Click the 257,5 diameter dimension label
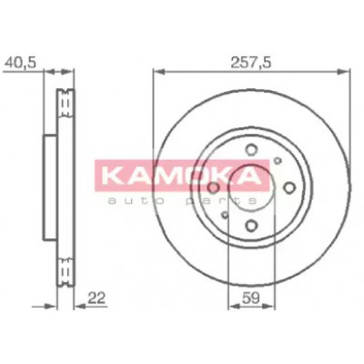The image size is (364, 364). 250,64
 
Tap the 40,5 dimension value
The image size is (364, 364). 20,63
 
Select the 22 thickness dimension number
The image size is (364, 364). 96,298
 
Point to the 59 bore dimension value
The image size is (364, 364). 251,298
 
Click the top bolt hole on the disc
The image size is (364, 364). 251,150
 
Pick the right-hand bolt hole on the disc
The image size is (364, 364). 289,187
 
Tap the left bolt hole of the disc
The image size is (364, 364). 213,188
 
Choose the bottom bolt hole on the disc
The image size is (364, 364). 251,225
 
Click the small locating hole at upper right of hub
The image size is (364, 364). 278,160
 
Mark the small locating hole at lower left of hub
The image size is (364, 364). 225,215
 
